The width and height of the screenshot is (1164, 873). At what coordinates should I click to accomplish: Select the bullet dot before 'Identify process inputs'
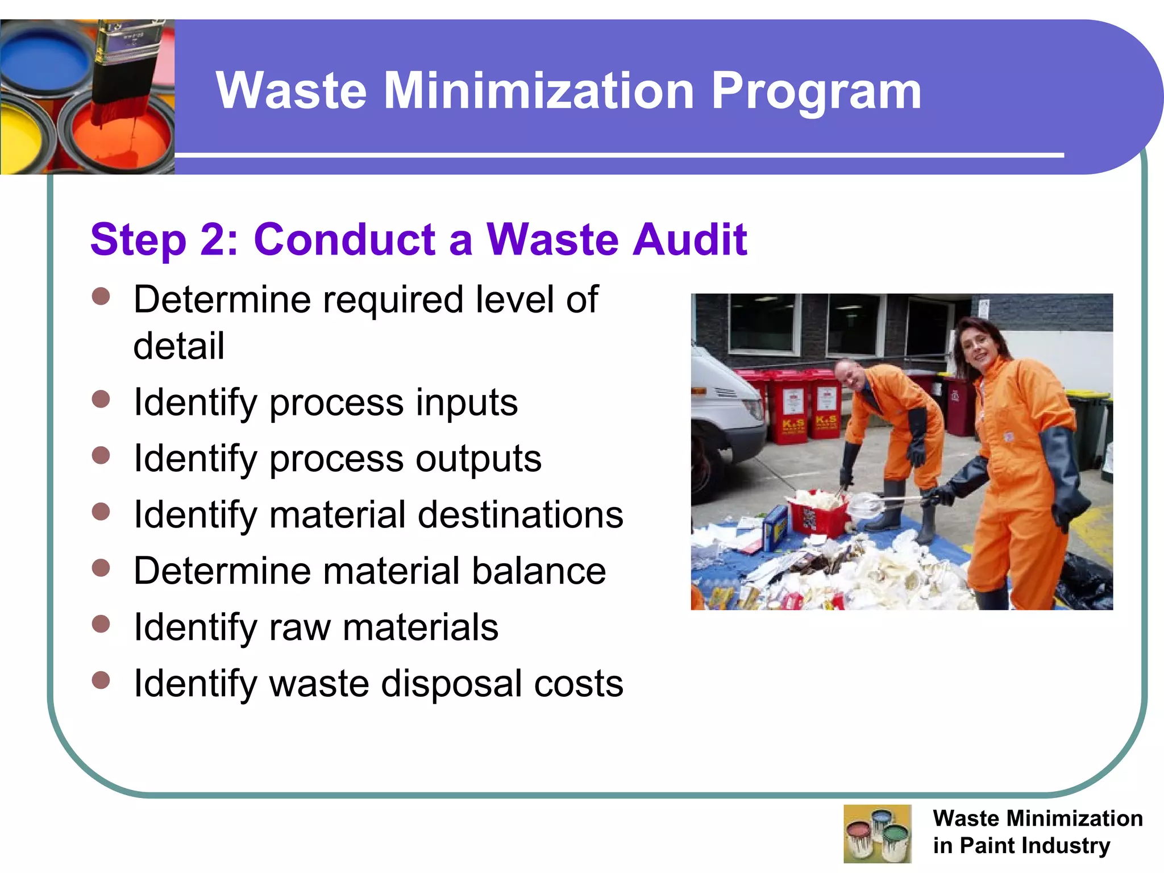pyautogui.click(x=101, y=399)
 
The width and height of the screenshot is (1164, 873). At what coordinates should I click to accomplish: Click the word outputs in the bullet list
pyautogui.click(x=479, y=459)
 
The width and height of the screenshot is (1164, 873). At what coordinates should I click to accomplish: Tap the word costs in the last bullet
pyautogui.click(x=579, y=683)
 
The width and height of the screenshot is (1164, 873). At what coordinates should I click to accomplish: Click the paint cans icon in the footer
pyautogui.click(x=877, y=833)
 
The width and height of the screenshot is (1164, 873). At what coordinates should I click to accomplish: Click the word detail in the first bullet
pyautogui.click(x=179, y=346)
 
